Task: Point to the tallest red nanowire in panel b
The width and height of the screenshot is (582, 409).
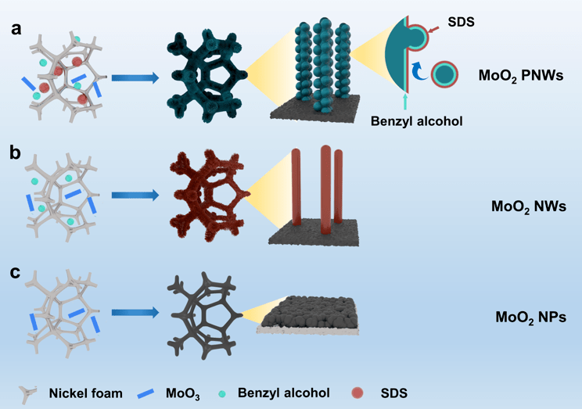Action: tap(325, 188)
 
